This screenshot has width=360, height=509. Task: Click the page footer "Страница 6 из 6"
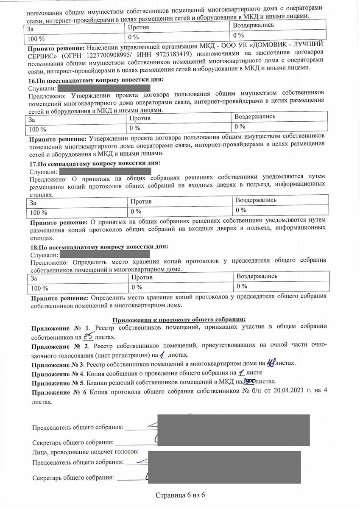click(x=180, y=495)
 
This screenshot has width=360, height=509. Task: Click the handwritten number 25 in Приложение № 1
click(x=88, y=337)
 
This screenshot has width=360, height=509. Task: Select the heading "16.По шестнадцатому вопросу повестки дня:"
click(x=96, y=80)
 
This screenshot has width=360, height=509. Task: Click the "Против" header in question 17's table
click(x=141, y=201)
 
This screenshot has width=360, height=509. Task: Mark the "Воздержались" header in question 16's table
click(x=255, y=116)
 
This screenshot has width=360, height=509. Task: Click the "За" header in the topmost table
click(x=30, y=29)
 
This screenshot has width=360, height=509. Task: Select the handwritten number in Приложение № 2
click(x=162, y=354)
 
